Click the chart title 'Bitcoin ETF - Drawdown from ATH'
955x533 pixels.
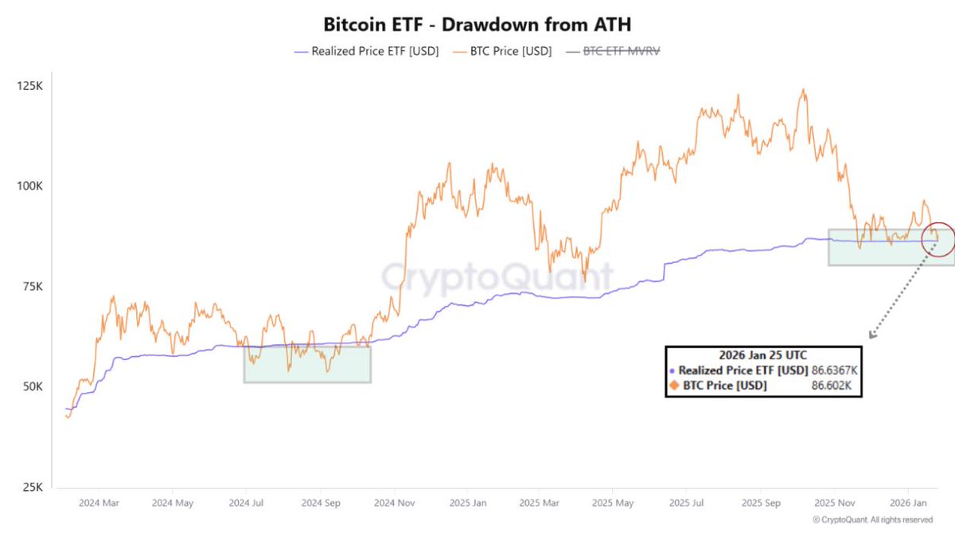477,22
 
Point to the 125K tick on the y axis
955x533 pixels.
29,85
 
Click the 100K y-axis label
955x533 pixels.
29,186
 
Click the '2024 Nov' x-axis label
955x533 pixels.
396,504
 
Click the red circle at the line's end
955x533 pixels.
937,239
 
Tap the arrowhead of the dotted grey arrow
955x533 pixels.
871,336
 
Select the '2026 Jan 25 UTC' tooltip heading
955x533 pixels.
763,356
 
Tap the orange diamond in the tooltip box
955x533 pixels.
672,386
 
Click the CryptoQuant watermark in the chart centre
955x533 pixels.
496,276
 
